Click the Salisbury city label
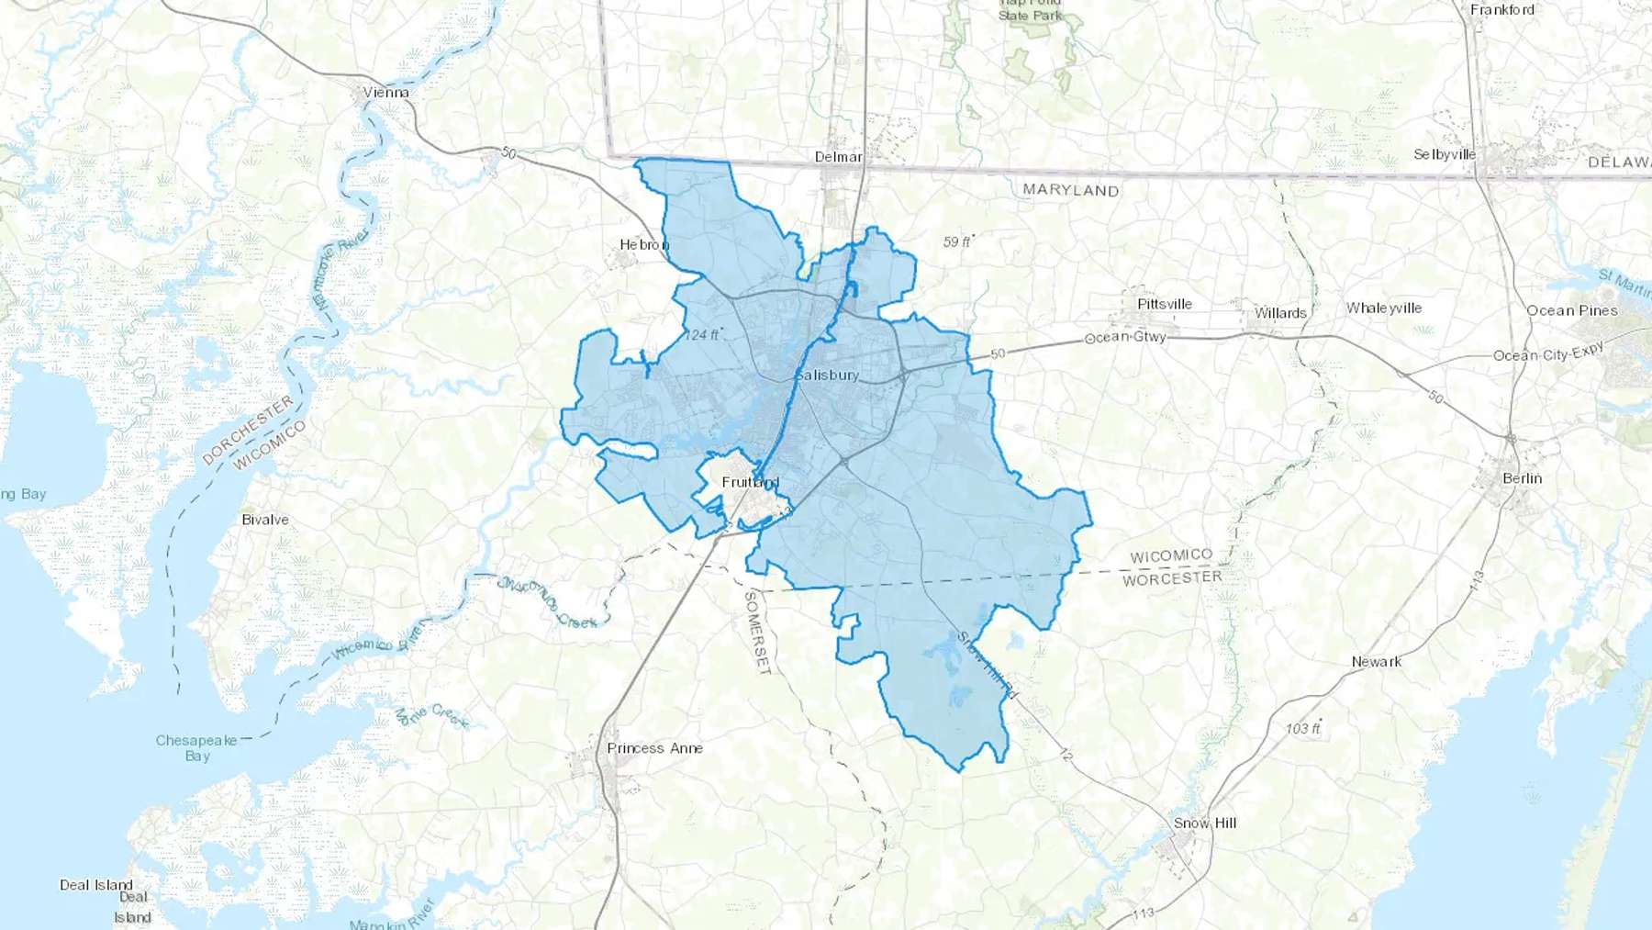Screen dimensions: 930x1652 [x=827, y=375]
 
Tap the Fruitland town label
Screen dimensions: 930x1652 [x=750, y=482]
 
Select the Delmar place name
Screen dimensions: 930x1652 [x=838, y=157]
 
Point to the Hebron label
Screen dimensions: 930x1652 [x=644, y=244]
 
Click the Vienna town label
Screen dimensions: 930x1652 [x=385, y=92]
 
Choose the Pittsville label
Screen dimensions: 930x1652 [x=1164, y=304]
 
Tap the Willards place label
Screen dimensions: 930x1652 [x=1280, y=313]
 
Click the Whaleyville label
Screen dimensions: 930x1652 [x=1384, y=308]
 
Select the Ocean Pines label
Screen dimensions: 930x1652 [x=1571, y=310]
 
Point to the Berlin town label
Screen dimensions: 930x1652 [x=1522, y=478]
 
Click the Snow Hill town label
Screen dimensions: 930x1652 [x=1204, y=823]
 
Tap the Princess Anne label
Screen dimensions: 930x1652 [x=654, y=748]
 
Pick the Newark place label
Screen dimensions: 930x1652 [x=1376, y=661]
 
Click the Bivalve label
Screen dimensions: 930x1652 [x=265, y=520]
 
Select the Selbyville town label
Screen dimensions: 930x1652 [x=1445, y=154]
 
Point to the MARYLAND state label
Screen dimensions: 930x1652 [x=1070, y=190]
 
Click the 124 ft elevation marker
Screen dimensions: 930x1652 [x=703, y=334]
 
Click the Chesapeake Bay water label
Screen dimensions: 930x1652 [x=196, y=747]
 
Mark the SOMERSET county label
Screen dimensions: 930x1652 [x=756, y=633]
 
